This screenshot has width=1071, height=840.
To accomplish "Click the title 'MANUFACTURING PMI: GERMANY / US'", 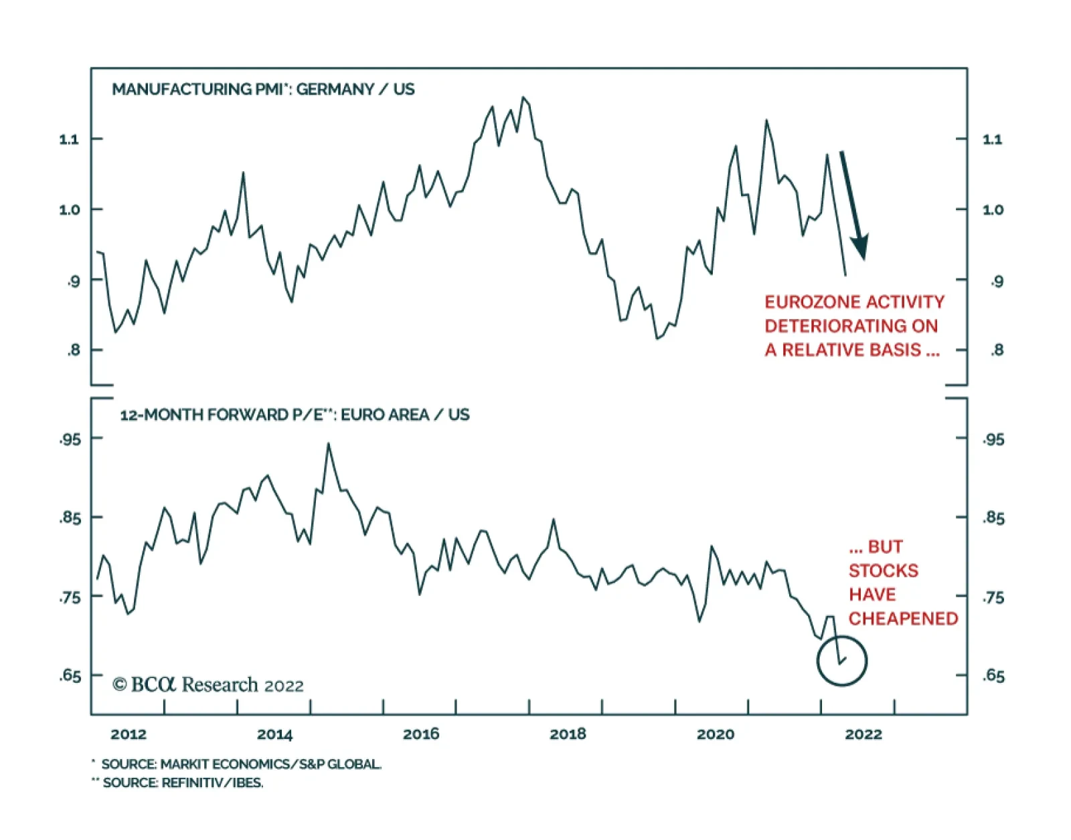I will (262, 90).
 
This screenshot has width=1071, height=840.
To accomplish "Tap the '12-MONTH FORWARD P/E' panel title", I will (295, 415).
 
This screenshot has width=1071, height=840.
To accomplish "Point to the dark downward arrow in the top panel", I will (853, 204).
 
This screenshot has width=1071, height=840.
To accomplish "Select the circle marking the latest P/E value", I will (841, 661).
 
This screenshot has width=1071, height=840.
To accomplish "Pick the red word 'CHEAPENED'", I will (903, 619).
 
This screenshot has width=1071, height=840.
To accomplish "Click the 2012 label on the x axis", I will (129, 734).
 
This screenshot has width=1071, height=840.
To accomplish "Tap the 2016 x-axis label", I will (421, 734).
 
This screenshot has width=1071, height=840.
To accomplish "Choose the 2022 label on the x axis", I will (863, 734).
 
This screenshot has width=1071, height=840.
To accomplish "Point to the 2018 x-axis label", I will (568, 734).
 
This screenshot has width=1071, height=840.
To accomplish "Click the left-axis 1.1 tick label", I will (69, 139).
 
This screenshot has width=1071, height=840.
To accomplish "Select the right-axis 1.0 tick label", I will (993, 210).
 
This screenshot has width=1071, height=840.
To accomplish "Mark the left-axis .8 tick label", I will (73, 350).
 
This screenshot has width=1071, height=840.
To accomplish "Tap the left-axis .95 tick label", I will (70, 439).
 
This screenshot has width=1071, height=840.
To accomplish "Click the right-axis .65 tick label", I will (994, 676).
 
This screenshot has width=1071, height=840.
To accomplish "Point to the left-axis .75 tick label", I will (70, 597).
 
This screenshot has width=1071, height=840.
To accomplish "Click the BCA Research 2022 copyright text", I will (208, 685).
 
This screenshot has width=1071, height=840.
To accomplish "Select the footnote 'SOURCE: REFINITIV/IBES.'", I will (183, 782).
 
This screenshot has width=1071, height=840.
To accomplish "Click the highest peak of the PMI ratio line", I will (523, 98).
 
